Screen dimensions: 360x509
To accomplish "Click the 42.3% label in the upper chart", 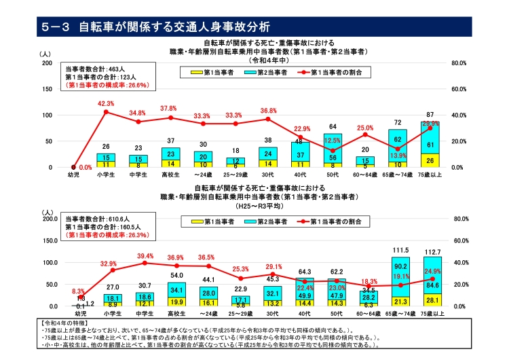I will click(106, 103).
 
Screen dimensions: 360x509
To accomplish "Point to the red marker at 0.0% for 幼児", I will click(73, 167).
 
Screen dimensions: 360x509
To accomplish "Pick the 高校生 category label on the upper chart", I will click(170, 175).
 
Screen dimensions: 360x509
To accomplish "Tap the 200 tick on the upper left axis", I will click(48, 63).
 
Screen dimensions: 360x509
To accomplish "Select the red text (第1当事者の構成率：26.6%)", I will click(107, 86).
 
